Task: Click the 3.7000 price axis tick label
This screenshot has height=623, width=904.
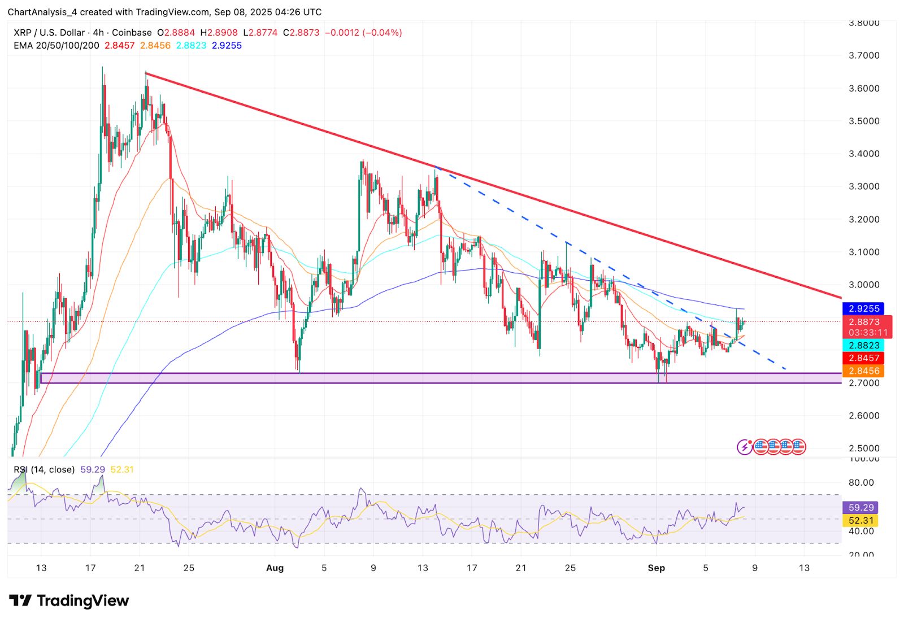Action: [864, 55]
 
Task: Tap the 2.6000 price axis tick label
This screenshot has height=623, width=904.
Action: [864, 416]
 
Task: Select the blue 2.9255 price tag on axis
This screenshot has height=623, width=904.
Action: [864, 308]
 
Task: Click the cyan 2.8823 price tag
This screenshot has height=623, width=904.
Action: [864, 345]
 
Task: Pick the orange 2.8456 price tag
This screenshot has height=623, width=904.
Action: [864, 371]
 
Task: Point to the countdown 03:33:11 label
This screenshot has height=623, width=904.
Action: [868, 333]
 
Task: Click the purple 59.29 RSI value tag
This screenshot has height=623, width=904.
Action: [861, 508]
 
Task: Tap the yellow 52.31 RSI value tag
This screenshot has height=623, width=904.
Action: [861, 521]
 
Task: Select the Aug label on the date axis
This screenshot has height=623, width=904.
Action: [275, 568]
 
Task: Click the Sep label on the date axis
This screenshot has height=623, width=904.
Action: [656, 568]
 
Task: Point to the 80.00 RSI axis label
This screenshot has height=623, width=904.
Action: [861, 482]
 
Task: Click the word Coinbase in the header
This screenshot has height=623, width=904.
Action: [132, 33]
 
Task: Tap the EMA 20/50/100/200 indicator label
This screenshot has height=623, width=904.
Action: [56, 45]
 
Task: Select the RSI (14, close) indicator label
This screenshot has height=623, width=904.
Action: [44, 469]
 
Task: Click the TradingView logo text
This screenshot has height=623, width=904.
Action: [82, 600]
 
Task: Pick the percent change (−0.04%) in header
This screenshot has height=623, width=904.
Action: [383, 33]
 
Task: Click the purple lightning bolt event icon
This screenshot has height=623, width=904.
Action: [745, 447]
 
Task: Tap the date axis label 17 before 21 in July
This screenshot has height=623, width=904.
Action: [90, 568]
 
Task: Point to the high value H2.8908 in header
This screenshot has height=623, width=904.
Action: [219, 33]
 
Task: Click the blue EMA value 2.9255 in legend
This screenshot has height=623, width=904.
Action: [227, 45]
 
